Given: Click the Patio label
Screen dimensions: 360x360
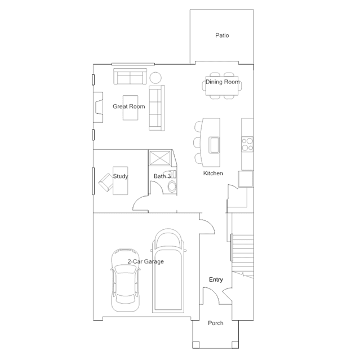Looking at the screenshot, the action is [222, 35].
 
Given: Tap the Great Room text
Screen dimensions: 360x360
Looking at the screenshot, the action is [129, 106].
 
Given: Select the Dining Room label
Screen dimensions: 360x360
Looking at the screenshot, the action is [223, 82].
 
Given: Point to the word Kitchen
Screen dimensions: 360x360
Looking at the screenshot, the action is [213, 173].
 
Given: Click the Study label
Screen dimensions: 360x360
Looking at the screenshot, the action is [121, 176].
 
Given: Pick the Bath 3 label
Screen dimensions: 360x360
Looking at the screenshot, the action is [162, 176].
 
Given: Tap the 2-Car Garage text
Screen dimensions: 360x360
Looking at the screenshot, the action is [145, 261].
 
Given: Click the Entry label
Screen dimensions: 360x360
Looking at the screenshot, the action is [216, 279].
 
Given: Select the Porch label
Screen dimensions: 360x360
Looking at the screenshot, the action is [216, 323].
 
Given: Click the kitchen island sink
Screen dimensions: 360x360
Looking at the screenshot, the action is [214, 145].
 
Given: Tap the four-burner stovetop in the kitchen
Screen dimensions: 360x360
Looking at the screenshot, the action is [247, 144].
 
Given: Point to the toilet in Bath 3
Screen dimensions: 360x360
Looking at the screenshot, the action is [172, 186].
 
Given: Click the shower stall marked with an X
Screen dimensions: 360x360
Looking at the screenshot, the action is [159, 158].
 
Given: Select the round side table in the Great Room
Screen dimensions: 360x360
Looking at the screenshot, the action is [155, 78].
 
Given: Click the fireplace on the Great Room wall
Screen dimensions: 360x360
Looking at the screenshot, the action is [98, 107].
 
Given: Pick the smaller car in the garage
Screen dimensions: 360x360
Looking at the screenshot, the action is [126, 280].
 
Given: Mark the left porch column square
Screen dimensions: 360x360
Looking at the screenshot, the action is [196, 345].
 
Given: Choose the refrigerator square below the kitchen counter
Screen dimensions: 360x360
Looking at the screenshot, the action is [246, 179].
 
